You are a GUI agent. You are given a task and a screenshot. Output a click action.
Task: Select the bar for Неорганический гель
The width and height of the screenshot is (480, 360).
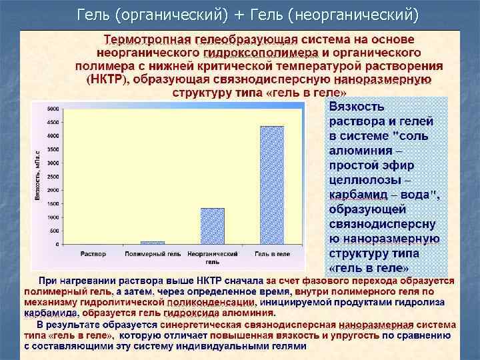pyautogui.click(x=213, y=227)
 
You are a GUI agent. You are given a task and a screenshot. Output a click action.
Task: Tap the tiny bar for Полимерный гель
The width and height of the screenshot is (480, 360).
pyautogui.click(x=153, y=243)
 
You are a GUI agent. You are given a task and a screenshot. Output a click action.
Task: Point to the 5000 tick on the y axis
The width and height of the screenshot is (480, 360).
pyautogui.click(x=51, y=107)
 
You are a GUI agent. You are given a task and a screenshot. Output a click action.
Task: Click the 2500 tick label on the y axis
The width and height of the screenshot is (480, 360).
pyautogui.click(x=51, y=176)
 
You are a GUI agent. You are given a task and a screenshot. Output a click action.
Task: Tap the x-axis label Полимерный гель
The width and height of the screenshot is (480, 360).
pyautogui.click(x=153, y=254)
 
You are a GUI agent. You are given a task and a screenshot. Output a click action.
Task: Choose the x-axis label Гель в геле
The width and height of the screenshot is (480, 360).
pyautogui.click(x=272, y=254)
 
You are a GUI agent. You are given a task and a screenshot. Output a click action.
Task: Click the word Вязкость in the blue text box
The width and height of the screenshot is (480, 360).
pyautogui.click(x=357, y=107)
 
